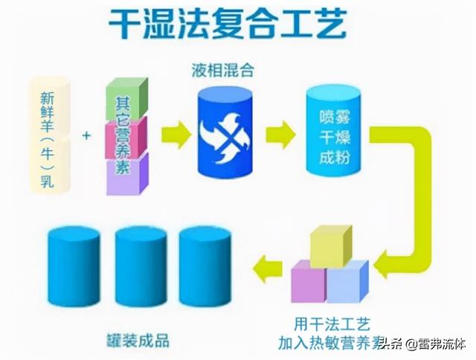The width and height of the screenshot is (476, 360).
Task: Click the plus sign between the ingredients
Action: tap(88, 136)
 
